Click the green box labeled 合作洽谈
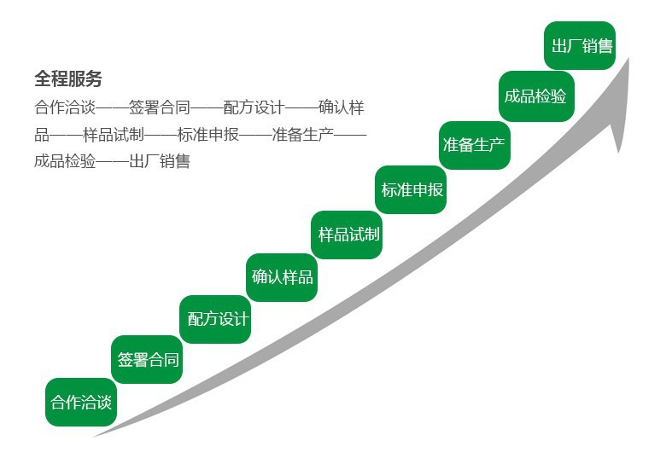pyautogui.click(x=81, y=402)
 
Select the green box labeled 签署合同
pyautogui.click(x=148, y=359)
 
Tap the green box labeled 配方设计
pyautogui.click(x=217, y=319)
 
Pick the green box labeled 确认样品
pyautogui.click(x=282, y=277)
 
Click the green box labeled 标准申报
pyautogui.click(x=412, y=189)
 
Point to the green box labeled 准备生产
pyautogui.click(x=474, y=145)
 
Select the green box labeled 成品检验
pyautogui.click(x=535, y=96)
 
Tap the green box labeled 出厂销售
pyautogui.click(x=581, y=46)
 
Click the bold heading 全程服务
pyautogui.click(x=67, y=79)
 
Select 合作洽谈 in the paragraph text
pyautogui.click(x=65, y=108)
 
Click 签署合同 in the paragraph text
pyautogui.click(x=159, y=108)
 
